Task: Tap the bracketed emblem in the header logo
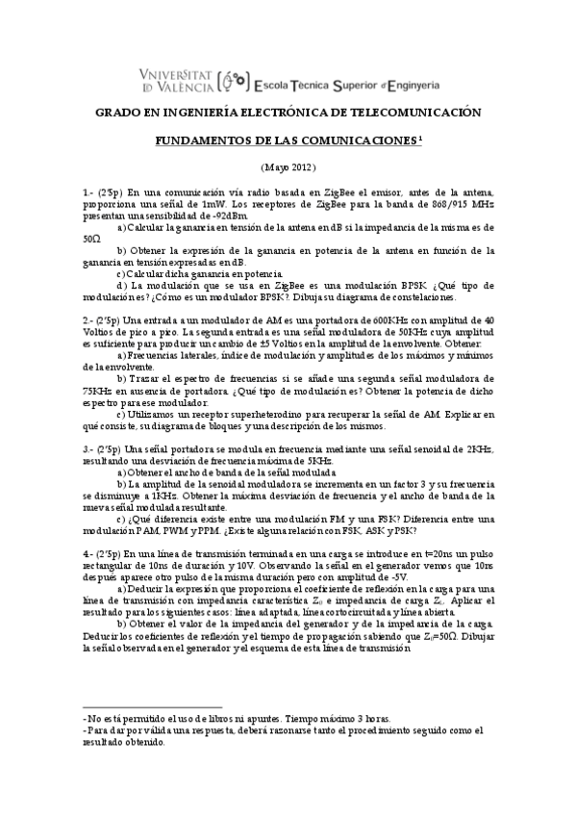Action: tap(233, 78)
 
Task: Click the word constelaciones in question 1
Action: tap(421, 297)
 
